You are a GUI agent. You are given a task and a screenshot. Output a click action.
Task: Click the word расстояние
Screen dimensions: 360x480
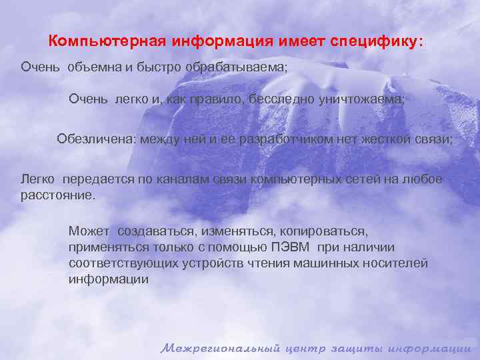tap(58, 196)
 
